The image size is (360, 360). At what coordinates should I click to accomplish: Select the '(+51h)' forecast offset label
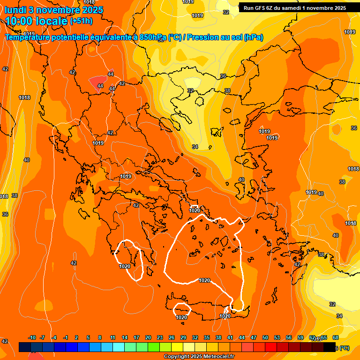tap(81, 21)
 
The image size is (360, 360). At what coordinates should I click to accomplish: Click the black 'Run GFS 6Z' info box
tap(294, 8)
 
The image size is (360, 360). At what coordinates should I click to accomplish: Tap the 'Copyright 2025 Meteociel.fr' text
tap(199, 357)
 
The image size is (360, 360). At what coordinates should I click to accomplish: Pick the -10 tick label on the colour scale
tap(32, 338)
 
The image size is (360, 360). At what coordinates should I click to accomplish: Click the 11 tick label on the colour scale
tap(112, 338)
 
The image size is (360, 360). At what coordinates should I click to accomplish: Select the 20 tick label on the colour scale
tap(148, 338)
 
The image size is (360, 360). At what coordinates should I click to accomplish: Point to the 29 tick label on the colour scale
tap(183, 338)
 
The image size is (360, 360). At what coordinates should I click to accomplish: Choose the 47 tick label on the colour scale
tap(253, 338)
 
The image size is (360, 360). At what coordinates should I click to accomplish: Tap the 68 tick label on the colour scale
tap(336, 338)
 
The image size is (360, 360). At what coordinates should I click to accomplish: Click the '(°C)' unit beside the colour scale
tap(345, 348)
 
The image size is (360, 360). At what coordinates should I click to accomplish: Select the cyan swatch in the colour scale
tap(119, 347)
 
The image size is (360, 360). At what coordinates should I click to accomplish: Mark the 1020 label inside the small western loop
tap(125, 266)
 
